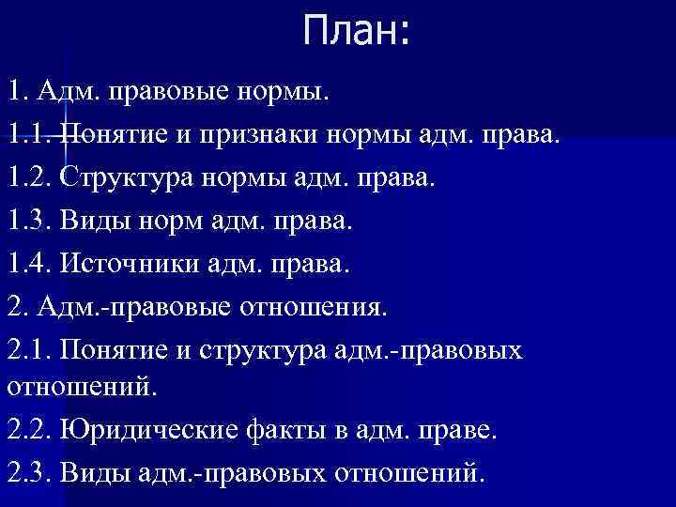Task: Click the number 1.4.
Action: (31, 264)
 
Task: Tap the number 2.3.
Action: (31, 471)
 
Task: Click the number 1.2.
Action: (31, 176)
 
